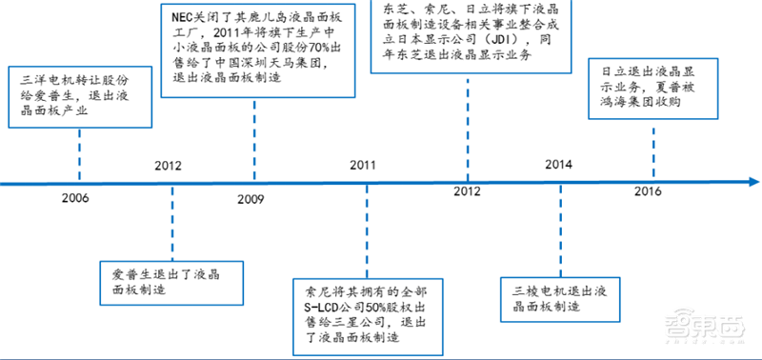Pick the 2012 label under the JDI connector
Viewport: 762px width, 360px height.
tap(467, 192)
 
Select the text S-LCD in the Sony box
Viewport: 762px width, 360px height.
tap(320, 310)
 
